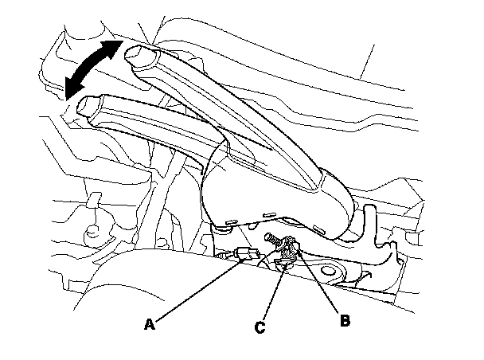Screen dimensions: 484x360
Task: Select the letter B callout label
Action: click(x=345, y=322)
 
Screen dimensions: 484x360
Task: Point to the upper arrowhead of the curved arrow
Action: click(x=116, y=46)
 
